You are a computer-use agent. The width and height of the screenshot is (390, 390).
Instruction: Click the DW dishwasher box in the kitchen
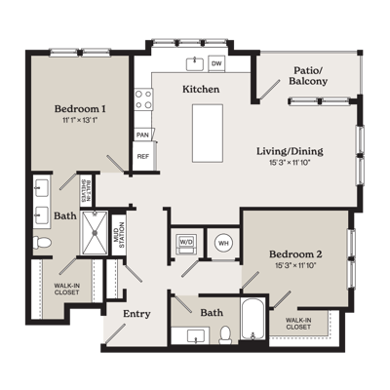tap(216, 63)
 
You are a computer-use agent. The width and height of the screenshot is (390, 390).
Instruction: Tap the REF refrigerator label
tap(143, 156)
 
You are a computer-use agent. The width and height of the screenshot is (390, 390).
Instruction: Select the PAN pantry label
tap(142, 135)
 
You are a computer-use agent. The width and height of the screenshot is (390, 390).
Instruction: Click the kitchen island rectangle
tap(208, 134)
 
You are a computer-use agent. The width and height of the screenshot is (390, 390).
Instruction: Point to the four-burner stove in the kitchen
tap(143, 99)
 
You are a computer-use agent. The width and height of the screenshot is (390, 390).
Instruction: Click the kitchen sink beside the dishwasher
tap(195, 63)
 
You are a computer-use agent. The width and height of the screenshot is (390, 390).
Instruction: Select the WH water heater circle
tap(223, 243)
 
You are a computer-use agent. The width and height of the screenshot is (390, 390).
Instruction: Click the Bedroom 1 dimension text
tap(80, 120)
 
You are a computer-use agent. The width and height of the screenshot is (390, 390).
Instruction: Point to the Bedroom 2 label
tap(295, 253)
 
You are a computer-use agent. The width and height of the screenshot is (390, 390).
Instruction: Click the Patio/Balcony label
tap(308, 76)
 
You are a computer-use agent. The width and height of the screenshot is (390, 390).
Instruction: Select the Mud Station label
tap(118, 235)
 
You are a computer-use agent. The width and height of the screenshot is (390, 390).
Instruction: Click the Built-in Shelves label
tap(86, 191)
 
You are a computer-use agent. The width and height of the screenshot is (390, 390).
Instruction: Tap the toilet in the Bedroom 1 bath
tap(42, 242)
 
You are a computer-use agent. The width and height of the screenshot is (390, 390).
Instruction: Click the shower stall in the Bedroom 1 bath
tap(95, 233)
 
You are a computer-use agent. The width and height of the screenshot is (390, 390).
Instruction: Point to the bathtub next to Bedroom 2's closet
tap(253, 319)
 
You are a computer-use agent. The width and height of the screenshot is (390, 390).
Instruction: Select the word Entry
tap(136, 314)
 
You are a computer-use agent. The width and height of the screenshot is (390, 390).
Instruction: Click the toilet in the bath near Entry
tap(225, 335)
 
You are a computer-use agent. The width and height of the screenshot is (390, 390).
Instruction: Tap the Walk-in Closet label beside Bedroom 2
tap(298, 324)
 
